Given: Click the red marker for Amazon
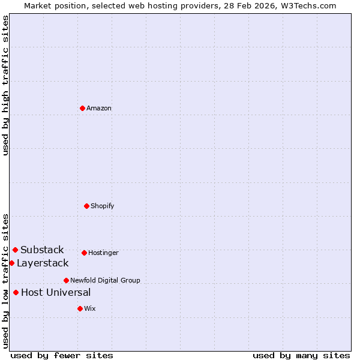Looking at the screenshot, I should tap(82, 108).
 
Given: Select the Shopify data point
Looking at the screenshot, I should tap(86, 206).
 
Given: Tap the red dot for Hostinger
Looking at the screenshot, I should tap(84, 253).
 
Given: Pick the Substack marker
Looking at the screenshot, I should tap(15, 250).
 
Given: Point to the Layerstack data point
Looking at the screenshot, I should tap(11, 263).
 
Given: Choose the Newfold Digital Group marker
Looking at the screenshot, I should tap(66, 280).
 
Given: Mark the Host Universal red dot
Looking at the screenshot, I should tap(16, 292).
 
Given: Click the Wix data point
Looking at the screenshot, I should tap(80, 308).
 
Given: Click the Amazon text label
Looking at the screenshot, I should tap(99, 108).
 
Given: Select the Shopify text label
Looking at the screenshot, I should tap(103, 206).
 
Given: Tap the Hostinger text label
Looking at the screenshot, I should tap(103, 253).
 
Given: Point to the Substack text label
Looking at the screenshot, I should tap(42, 250).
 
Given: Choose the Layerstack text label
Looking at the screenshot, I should tap(43, 263).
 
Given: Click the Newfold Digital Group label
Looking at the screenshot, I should tap(105, 280).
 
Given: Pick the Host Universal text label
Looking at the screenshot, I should tap(56, 292).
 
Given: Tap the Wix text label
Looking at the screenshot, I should tap(90, 308).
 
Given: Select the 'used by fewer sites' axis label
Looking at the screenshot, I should tap(62, 355).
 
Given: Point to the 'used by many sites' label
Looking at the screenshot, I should tap(301, 355).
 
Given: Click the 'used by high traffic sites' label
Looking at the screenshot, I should tap(5, 85).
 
